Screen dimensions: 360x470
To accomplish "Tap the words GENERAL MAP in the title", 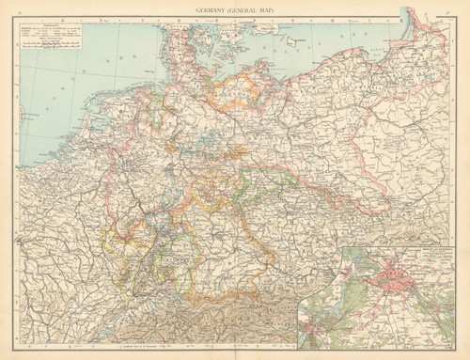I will click(257, 10).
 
